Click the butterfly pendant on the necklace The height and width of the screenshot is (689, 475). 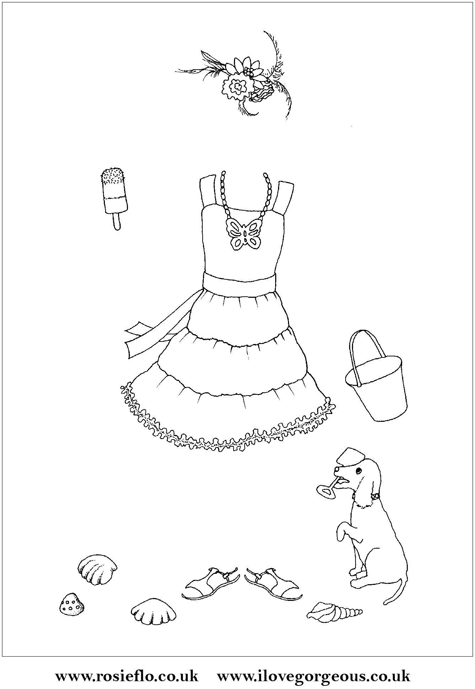pyautogui.click(x=245, y=233)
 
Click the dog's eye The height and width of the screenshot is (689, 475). pyautogui.click(x=359, y=471)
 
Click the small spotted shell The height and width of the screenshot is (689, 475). pyautogui.click(x=72, y=603)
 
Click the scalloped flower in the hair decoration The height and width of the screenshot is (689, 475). pyautogui.click(x=237, y=85)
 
